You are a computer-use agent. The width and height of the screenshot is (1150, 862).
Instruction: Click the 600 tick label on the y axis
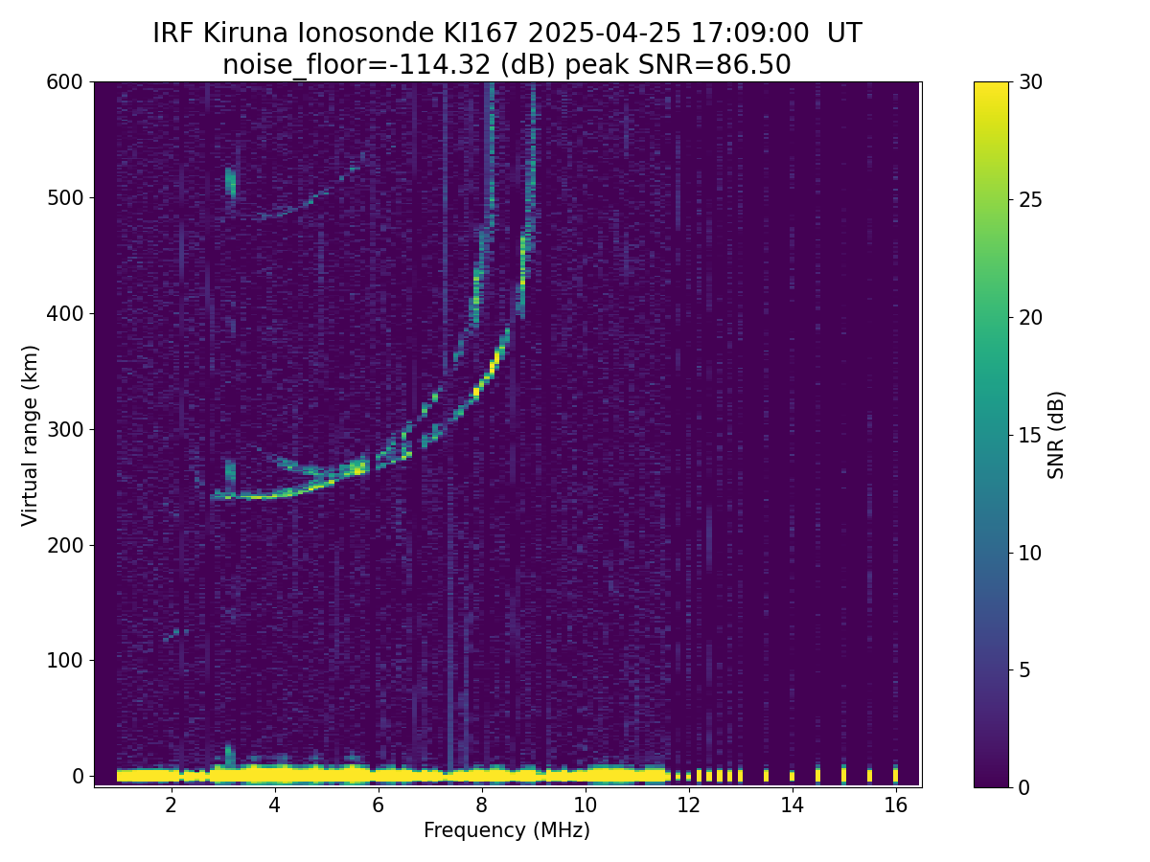[64, 82]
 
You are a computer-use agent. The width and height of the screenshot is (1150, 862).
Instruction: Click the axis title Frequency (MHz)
[507, 830]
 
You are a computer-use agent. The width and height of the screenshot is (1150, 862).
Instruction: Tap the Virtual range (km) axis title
[31, 435]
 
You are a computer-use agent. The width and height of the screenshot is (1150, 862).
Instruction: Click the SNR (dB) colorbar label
[1056, 435]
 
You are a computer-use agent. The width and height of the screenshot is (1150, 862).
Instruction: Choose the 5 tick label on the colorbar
[1023, 669]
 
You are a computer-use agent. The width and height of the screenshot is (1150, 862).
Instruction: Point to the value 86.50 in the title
[757, 65]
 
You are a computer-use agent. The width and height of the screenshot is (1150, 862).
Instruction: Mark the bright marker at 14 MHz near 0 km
[792, 775]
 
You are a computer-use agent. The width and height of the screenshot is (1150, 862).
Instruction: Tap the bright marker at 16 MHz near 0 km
[895, 774]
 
